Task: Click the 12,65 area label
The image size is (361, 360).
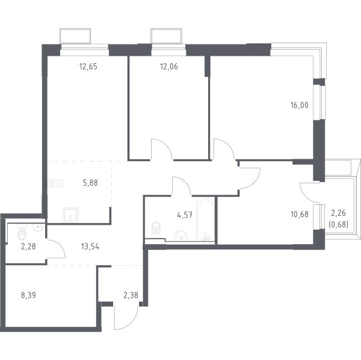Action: [x=88, y=67]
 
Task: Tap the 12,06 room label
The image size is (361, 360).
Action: [x=169, y=67]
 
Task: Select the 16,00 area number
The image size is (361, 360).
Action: [x=300, y=105]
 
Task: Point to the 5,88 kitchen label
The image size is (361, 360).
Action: [x=90, y=183]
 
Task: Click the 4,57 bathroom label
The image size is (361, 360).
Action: [x=185, y=215]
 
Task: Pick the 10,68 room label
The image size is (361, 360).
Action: [x=300, y=215]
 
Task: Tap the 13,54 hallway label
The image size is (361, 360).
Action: [x=90, y=247]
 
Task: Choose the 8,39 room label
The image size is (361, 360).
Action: [x=28, y=295]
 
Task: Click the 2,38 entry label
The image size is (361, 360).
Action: [x=131, y=295]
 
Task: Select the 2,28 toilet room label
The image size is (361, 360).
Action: [x=28, y=247]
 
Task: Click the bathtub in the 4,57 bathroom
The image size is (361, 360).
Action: [x=205, y=220]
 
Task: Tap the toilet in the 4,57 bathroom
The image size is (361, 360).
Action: [x=156, y=230]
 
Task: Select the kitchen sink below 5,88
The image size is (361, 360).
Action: [x=70, y=215]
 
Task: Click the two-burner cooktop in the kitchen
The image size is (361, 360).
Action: [x=55, y=183]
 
